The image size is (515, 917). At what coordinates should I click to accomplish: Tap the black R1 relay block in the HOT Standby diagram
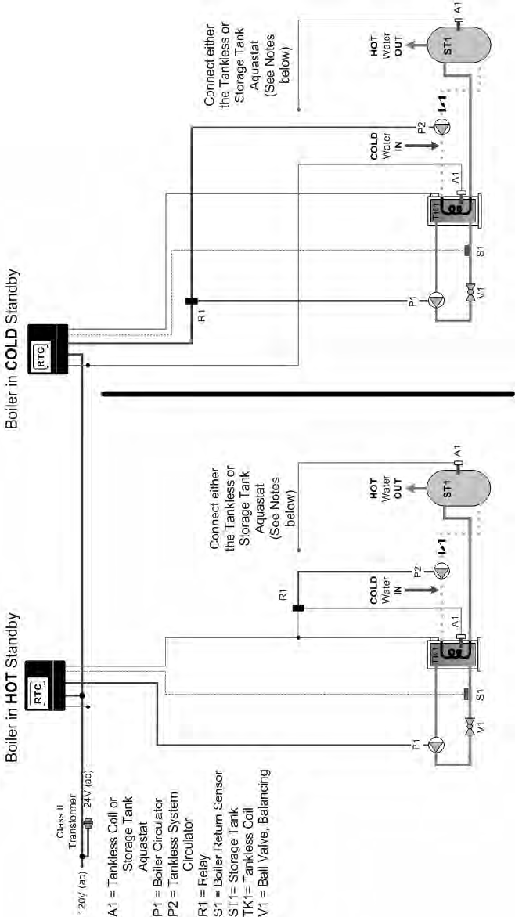coord(298,607)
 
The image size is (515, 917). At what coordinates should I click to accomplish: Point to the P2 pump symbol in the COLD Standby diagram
coord(443,129)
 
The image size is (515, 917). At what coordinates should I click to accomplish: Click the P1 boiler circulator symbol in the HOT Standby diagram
coord(436,743)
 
